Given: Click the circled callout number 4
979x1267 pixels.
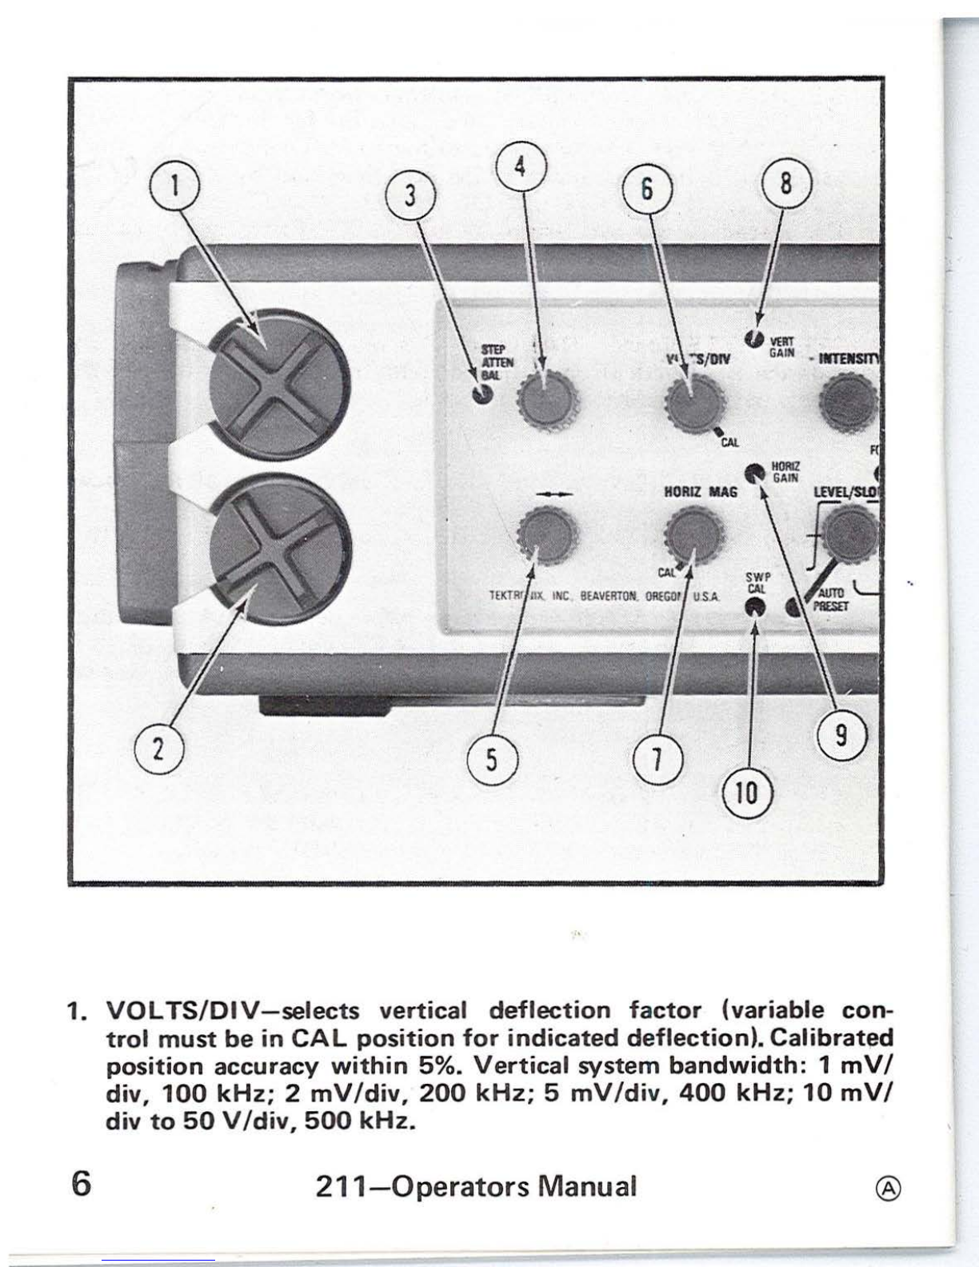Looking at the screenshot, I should click(x=520, y=168).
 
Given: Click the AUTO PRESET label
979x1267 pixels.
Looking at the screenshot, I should click(x=829, y=601).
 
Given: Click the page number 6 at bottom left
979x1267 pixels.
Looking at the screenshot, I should click(x=80, y=1184).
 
